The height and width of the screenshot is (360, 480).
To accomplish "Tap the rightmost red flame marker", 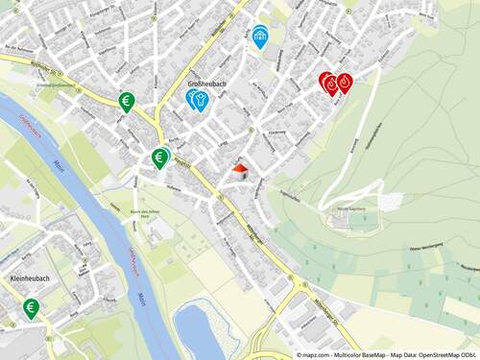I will click(x=344, y=83).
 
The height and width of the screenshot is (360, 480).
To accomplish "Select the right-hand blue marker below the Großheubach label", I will click(x=201, y=99).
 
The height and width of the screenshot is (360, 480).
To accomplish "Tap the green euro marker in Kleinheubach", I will click(x=32, y=307).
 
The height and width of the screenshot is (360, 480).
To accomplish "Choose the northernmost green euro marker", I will click(x=126, y=100).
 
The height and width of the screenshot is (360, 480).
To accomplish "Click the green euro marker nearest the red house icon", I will click(x=160, y=156).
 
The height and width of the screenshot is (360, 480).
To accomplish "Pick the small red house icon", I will click(x=240, y=170).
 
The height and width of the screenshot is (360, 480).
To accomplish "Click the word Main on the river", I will click(x=141, y=298).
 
